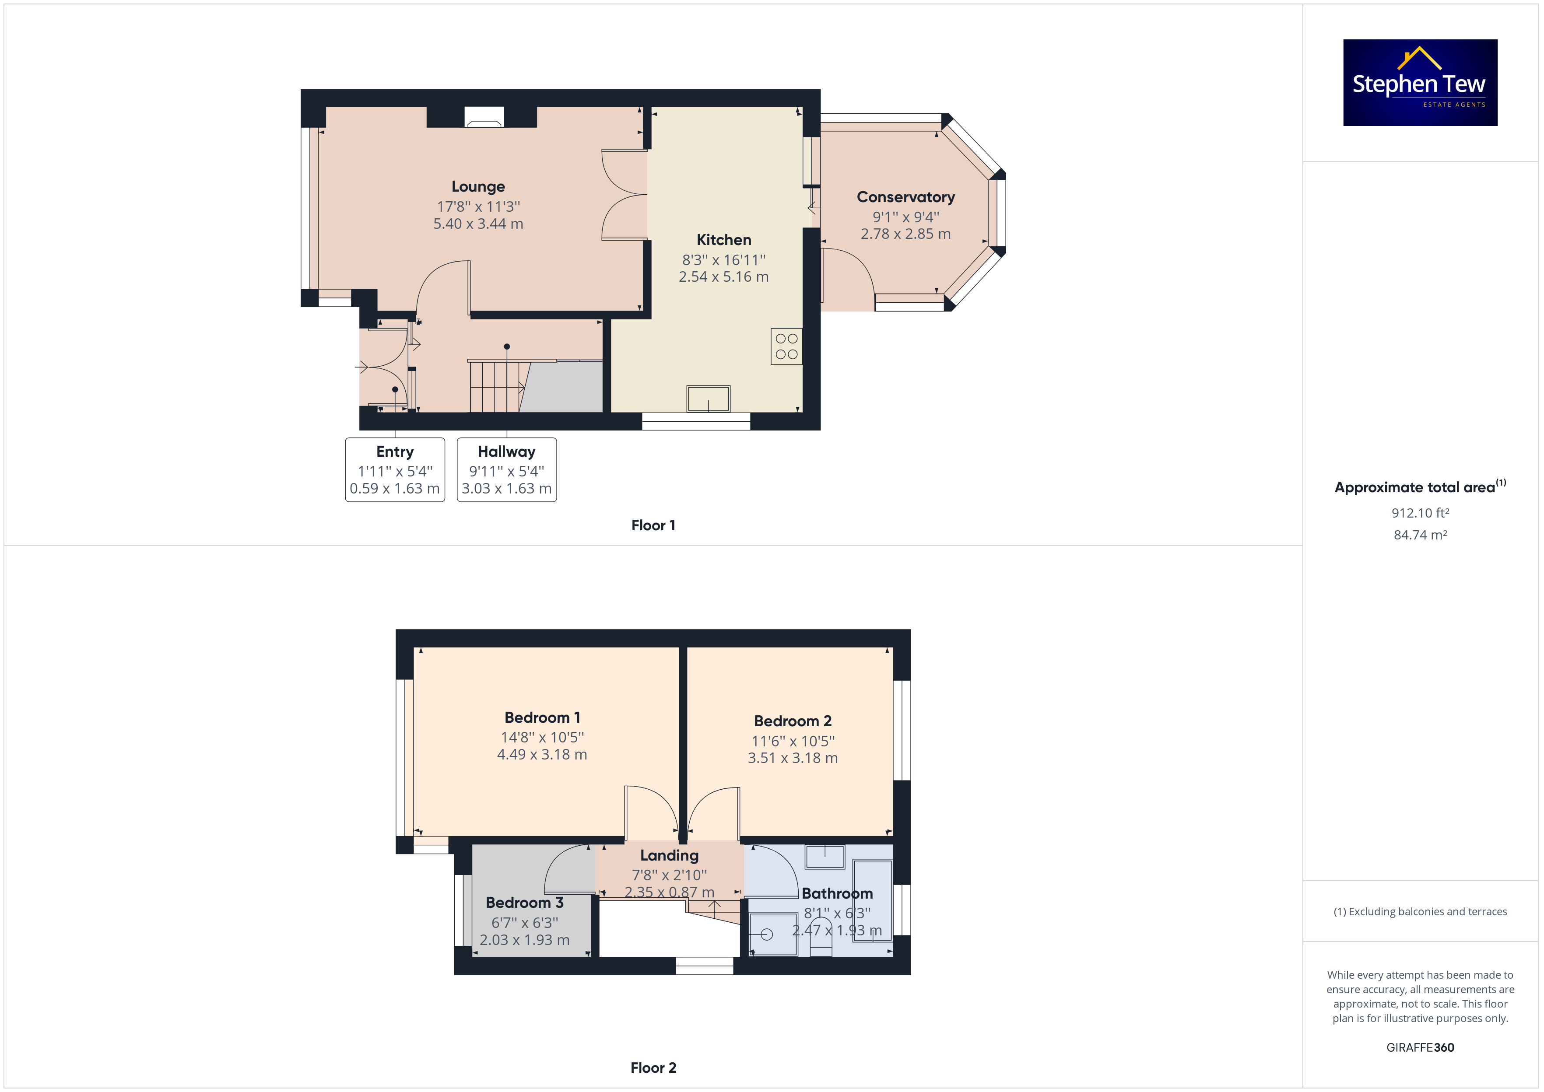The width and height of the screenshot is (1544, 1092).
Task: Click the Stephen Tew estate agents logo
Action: (x=1420, y=82)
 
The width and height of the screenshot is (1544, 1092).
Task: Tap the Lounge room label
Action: (x=478, y=186)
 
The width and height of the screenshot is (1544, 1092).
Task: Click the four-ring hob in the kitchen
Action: (x=786, y=346)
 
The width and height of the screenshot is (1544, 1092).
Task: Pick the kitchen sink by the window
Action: (x=708, y=399)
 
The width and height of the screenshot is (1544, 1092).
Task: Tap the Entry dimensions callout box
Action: (x=395, y=469)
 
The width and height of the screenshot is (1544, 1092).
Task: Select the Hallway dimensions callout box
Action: (x=506, y=469)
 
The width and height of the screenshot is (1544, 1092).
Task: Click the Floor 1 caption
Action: (x=653, y=525)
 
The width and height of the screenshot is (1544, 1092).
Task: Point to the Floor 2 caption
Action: (x=653, y=1068)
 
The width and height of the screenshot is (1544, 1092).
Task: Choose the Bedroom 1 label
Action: (x=542, y=717)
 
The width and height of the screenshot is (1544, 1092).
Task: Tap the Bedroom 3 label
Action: (x=525, y=903)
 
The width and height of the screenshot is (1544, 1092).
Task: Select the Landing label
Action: (x=669, y=855)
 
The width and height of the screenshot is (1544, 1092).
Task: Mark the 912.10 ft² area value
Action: (x=1420, y=513)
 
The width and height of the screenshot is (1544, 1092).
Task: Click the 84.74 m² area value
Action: (x=1420, y=535)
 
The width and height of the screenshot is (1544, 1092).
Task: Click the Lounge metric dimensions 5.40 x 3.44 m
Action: (x=478, y=224)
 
